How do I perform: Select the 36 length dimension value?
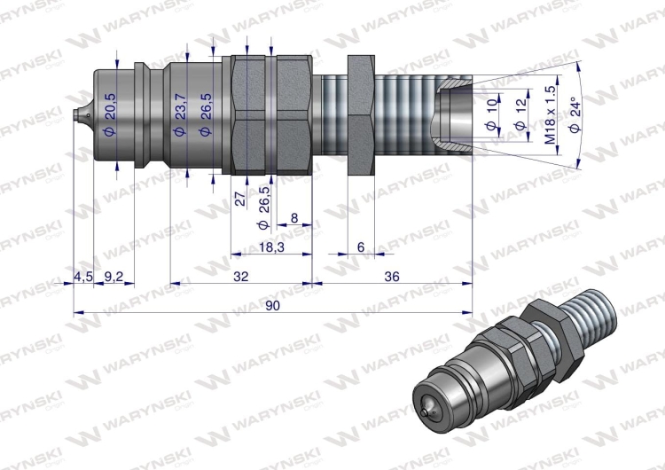pyautogui.click(x=391, y=277)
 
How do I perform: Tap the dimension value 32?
pyautogui.click(x=240, y=277)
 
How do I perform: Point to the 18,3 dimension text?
pyautogui.click(x=271, y=247)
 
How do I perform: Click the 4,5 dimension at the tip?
pyautogui.click(x=82, y=277)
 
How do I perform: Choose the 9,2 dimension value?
pyautogui.click(x=113, y=277)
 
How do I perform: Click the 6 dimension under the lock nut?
pyautogui.click(x=360, y=247)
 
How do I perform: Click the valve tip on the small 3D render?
pyautogui.click(x=428, y=412)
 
